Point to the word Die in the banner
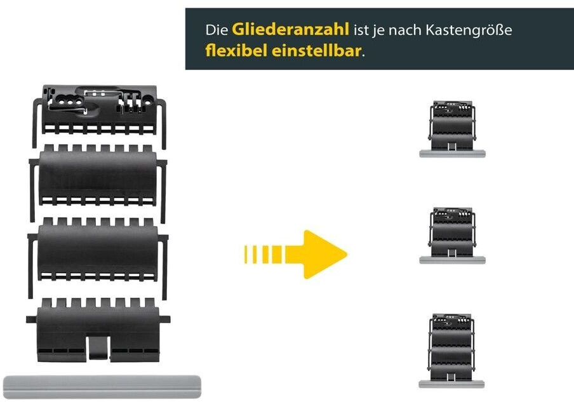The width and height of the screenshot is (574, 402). click(217, 29)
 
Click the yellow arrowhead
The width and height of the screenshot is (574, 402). click(324, 254)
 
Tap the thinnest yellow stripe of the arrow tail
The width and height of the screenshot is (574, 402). click(246, 254)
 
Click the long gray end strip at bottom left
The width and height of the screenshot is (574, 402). click(102, 386)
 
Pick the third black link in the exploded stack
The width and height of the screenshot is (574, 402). click(98, 249)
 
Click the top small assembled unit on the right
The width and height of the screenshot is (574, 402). click(452, 124)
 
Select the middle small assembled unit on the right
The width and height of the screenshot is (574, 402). click(452, 230)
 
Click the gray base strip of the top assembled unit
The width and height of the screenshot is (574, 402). click(452, 154)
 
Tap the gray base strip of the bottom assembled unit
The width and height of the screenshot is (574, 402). click(452, 383)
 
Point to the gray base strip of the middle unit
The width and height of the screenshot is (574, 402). click(452, 259)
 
